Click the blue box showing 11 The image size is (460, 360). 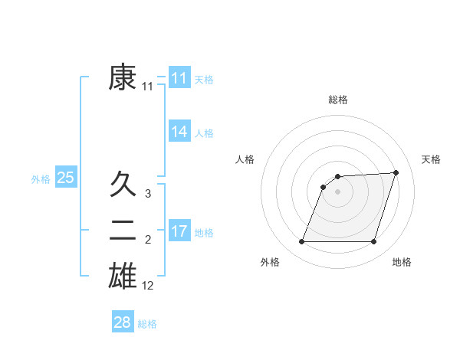(x=179, y=78)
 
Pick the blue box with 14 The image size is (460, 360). (x=179, y=132)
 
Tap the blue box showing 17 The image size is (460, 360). (x=179, y=231)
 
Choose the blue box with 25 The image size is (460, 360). (x=66, y=178)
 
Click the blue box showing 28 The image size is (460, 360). (x=123, y=322)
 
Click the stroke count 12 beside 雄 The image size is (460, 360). (x=148, y=286)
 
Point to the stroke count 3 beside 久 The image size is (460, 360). (x=148, y=195)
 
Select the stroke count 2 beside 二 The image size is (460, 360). (x=148, y=241)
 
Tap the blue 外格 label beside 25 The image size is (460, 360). (x=41, y=179)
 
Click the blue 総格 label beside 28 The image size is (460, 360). (x=147, y=323)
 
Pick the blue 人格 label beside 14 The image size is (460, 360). (x=204, y=133)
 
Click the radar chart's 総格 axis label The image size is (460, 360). (x=338, y=100)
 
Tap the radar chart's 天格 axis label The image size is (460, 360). (x=432, y=159)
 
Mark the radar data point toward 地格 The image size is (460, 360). (x=374, y=242)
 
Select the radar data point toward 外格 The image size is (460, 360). (x=301, y=242)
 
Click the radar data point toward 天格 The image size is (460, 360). (x=396, y=172)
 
